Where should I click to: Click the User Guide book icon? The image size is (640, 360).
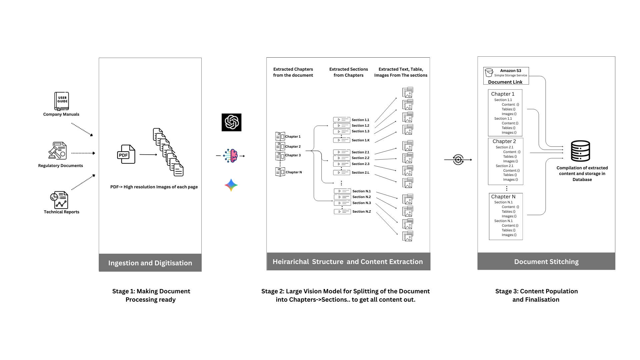click(x=62, y=101)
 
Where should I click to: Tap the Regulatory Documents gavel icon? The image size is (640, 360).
click(x=58, y=151)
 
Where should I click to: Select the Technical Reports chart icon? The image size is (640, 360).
click(x=59, y=200)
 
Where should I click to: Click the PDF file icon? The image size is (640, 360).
click(x=126, y=154)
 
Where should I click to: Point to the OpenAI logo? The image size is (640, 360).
click(x=231, y=122)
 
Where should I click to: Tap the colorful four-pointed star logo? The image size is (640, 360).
click(x=231, y=185)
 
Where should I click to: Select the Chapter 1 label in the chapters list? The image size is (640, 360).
click(x=293, y=137)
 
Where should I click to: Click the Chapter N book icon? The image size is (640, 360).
click(x=280, y=172)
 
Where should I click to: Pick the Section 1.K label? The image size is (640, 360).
click(x=360, y=140)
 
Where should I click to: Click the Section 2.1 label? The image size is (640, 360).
click(x=360, y=152)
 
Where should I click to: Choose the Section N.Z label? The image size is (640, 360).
click(x=361, y=212)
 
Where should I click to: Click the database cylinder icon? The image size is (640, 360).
click(x=580, y=151)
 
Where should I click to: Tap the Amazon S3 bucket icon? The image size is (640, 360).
click(x=489, y=73)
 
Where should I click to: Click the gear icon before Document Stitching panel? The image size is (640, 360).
click(x=458, y=160)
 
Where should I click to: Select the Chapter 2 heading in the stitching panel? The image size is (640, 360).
click(x=504, y=141)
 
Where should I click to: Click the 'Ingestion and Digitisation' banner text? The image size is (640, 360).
click(x=150, y=263)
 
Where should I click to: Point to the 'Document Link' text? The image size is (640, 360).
click(x=505, y=82)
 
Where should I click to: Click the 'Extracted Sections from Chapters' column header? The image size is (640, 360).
click(x=349, y=72)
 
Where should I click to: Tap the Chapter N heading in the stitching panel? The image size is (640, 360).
click(x=503, y=197)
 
